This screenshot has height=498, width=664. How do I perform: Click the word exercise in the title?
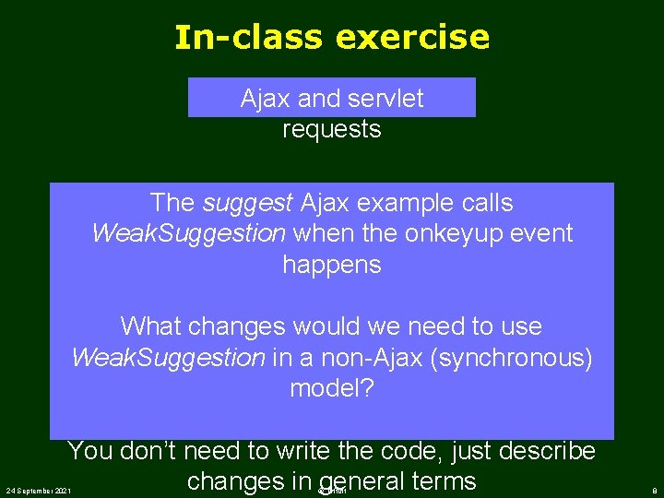(413, 38)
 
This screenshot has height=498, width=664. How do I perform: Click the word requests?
(331, 129)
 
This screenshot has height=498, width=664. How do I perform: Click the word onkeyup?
(453, 233)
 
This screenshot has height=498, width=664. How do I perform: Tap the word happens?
(331, 265)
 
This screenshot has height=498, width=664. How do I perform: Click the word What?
(153, 326)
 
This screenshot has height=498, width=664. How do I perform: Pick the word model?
(331, 388)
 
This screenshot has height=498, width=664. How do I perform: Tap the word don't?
(150, 452)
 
